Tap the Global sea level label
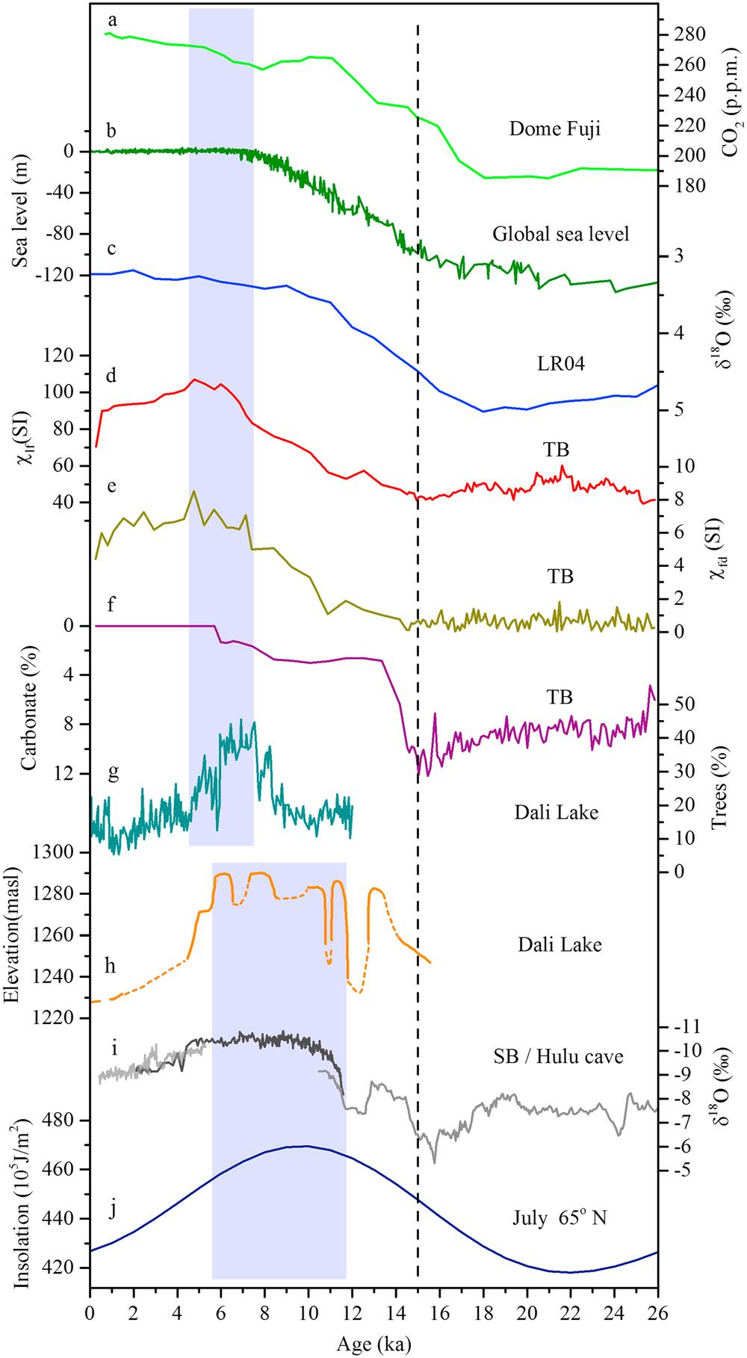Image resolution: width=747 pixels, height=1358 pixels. [x=561, y=235]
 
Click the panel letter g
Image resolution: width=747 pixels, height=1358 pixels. [x=112, y=773]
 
